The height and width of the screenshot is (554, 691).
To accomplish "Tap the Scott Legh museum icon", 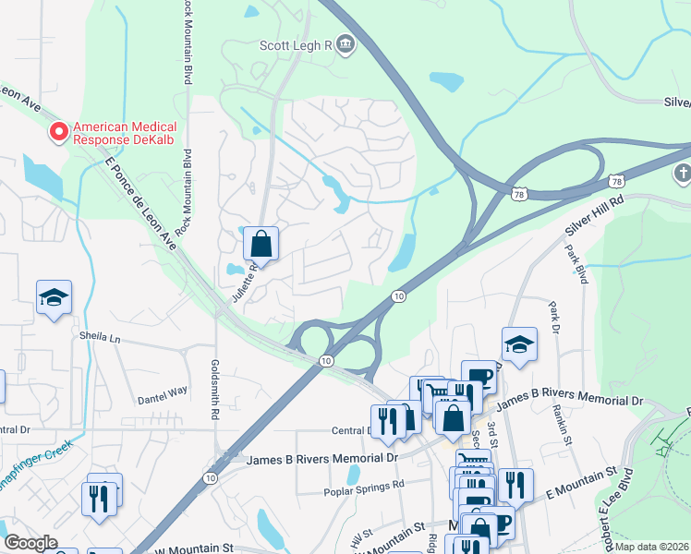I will pyautogui.click(x=345, y=44).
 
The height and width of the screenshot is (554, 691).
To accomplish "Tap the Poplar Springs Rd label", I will pyautogui.click(x=364, y=485).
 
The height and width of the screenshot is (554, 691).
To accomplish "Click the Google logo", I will pyautogui.click(x=31, y=543).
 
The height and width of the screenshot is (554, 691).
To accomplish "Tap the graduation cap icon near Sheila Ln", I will pyautogui.click(x=54, y=298).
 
